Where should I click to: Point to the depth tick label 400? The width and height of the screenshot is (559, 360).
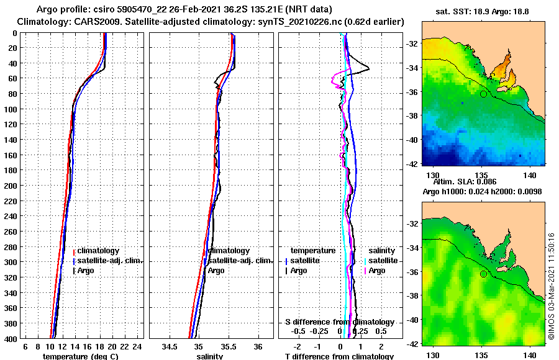click(11, 338)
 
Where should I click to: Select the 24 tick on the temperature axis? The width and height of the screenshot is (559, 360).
click(138, 346)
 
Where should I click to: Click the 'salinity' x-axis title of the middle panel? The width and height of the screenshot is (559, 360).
click(210, 356)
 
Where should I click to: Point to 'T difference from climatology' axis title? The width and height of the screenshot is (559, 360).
click(339, 356)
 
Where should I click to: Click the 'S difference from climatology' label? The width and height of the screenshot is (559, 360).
click(339, 322)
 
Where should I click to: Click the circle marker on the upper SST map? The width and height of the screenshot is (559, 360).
click(483, 94)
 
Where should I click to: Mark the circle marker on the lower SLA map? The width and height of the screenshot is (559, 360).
click(483, 274)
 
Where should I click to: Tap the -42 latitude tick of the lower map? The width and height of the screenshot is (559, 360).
click(411, 343)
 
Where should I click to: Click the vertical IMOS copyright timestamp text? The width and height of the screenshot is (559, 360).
click(552, 286)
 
